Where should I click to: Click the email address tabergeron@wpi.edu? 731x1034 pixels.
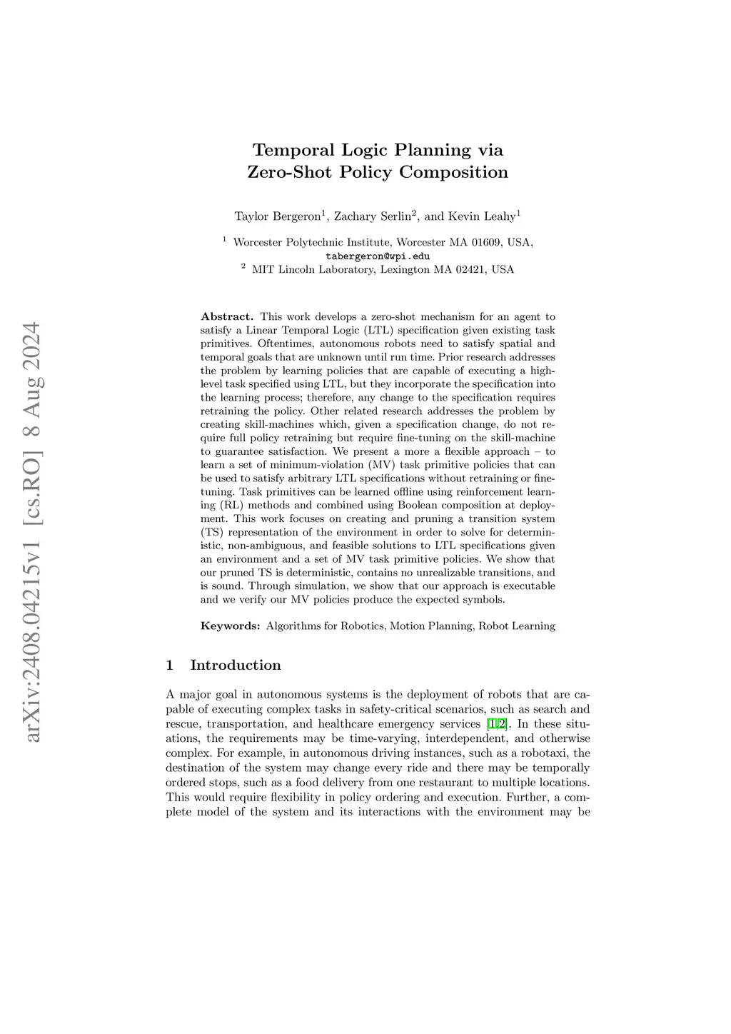pos(378,256)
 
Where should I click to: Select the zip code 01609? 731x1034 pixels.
pos(486,242)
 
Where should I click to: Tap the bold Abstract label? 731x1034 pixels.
pos(226,316)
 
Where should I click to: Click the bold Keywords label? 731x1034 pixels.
pos(230,626)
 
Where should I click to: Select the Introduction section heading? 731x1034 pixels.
pos(236,665)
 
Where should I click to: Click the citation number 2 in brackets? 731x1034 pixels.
pos(503,723)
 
